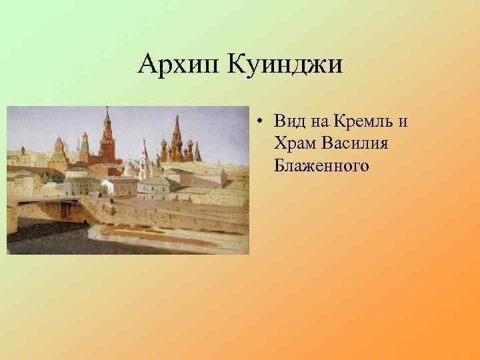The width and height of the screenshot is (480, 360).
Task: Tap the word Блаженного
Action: [x=321, y=164]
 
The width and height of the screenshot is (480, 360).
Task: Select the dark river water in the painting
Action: [x=60, y=237]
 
